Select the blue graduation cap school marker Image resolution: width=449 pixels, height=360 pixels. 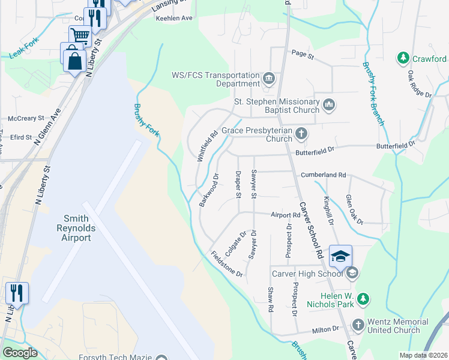click(340, 256)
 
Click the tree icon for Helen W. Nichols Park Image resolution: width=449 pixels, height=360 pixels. click(363, 298)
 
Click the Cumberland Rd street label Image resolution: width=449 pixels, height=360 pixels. click(324, 175)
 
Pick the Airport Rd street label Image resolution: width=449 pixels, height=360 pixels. click(285, 215)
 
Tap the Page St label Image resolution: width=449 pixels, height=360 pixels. click(303, 56)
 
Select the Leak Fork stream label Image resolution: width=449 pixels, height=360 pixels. click(23, 54)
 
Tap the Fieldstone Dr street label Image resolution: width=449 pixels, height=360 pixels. click(227, 264)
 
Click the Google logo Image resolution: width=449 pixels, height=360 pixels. click(20, 352)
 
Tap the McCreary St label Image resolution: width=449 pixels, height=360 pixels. click(25, 118)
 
